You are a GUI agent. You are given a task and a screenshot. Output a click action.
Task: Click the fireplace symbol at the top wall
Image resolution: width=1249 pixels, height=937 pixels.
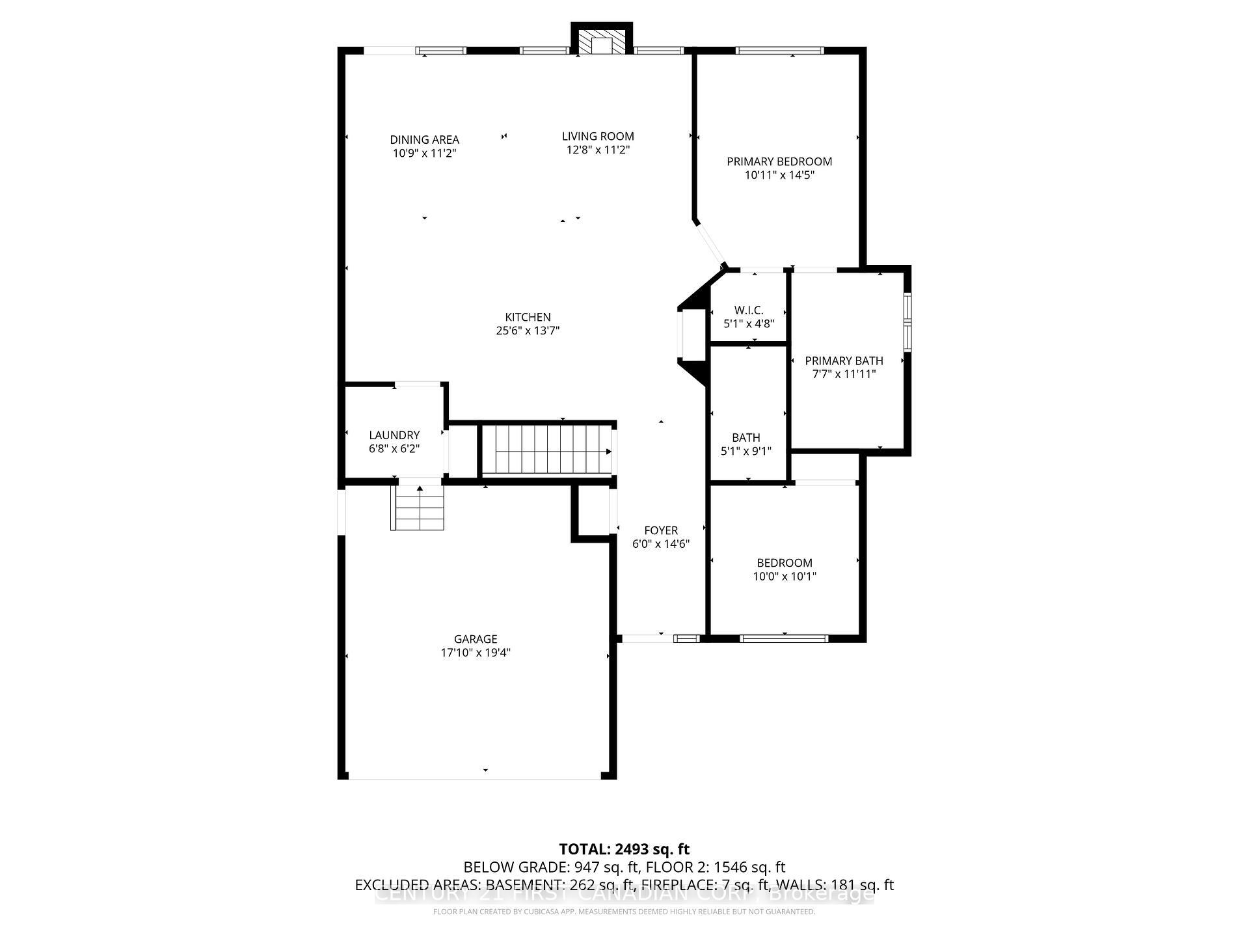(602, 43)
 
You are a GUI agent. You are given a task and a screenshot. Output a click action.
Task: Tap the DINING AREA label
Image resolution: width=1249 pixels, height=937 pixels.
(424, 139)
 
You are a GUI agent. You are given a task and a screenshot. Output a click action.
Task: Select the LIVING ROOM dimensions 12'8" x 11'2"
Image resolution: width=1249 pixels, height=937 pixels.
(598, 150)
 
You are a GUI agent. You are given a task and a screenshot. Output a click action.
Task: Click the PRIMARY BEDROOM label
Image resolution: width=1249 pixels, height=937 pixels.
(779, 161)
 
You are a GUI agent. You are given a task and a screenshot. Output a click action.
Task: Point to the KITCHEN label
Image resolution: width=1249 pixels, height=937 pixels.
(528, 317)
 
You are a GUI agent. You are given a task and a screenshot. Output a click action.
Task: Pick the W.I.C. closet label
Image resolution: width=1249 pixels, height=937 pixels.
(748, 310)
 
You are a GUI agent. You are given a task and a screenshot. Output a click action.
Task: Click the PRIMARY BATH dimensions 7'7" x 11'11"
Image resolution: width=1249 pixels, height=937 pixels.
(844, 374)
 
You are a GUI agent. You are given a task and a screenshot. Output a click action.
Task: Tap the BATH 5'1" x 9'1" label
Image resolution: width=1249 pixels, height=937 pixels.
(745, 444)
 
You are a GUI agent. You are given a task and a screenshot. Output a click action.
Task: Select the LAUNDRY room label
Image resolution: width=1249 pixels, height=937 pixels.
(394, 435)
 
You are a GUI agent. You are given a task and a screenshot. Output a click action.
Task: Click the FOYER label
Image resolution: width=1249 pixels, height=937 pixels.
(661, 530)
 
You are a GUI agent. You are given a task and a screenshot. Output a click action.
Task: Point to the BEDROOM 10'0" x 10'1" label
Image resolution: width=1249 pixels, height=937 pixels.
(785, 569)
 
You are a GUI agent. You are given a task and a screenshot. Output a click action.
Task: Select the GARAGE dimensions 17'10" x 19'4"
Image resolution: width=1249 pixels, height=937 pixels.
(476, 653)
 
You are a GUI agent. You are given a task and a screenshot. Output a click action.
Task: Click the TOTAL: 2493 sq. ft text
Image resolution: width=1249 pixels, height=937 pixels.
(624, 849)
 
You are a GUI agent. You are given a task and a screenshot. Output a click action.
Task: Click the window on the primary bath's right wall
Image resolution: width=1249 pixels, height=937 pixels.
(907, 321)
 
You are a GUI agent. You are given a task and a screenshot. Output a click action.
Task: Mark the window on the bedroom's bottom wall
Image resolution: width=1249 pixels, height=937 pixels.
(784, 638)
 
